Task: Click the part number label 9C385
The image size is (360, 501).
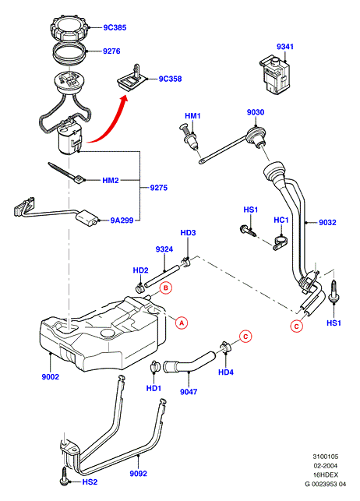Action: [115, 27]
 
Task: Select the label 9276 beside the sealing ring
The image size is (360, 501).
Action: [111, 51]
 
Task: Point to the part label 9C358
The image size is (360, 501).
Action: [170, 79]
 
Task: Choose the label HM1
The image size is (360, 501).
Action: [192, 115]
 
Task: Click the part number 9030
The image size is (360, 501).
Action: [256, 112]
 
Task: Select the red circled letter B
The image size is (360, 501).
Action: [166, 288]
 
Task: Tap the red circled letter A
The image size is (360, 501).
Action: [182, 323]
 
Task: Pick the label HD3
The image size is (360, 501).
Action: [188, 233]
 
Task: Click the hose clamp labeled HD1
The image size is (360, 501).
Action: [155, 366]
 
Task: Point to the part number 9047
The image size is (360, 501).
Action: [189, 391]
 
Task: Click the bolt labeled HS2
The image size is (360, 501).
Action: [64, 476]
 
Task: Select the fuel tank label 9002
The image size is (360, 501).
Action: [51, 376]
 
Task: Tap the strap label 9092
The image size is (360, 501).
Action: [139, 473]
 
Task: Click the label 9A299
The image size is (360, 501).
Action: [122, 221]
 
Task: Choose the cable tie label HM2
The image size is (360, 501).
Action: [111, 181]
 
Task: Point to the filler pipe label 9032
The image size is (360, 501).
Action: [327, 222]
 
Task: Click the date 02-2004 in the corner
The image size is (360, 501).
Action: [326, 465]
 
